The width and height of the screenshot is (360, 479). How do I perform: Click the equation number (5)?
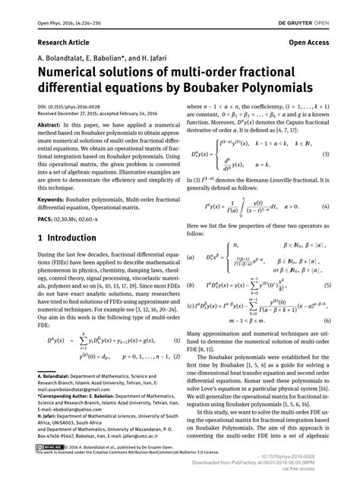pos(326,285)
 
